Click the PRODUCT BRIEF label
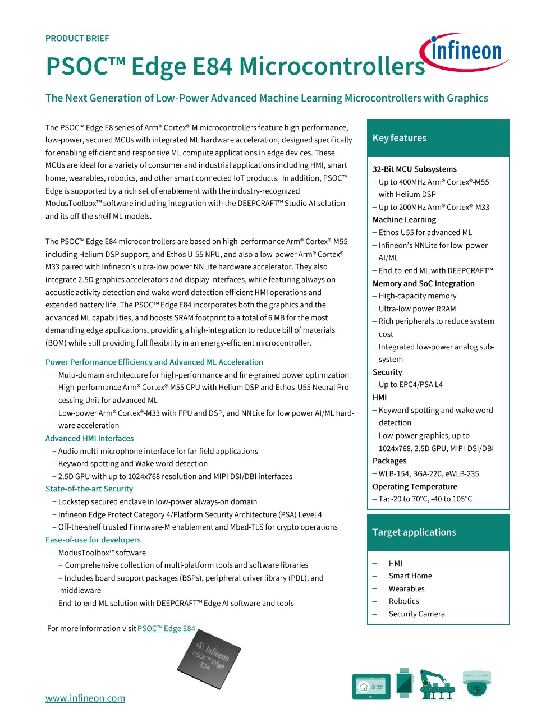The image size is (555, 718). click(x=77, y=38)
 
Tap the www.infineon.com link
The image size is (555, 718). click(x=85, y=698)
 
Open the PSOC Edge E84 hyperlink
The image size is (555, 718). click(x=166, y=628)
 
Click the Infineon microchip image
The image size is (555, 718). click(x=209, y=657)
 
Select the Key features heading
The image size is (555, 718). click(x=400, y=138)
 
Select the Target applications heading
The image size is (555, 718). click(x=414, y=532)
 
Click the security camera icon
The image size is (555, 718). click(x=476, y=683)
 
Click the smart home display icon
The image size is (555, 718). click(x=370, y=687)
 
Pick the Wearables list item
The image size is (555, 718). click(x=406, y=588)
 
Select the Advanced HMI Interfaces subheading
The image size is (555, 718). click(x=90, y=438)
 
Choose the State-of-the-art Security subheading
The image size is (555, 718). click(x=89, y=489)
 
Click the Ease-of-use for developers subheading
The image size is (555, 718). click(x=93, y=540)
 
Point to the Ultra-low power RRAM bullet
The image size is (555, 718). click(x=417, y=309)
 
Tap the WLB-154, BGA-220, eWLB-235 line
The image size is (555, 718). click(x=429, y=473)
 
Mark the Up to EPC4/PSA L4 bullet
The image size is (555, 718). click(x=410, y=384)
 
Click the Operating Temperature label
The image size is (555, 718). click(x=415, y=486)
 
